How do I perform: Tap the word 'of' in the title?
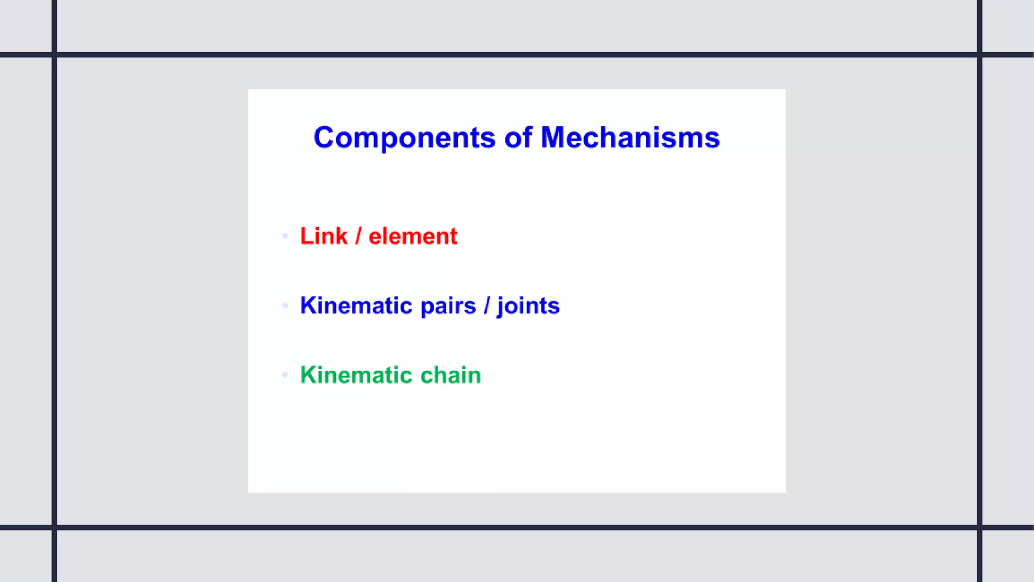coord(518,137)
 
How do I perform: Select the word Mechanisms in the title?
coord(630,137)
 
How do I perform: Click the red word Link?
coord(324,236)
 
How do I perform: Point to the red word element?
coord(413,236)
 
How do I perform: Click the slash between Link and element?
coord(358,236)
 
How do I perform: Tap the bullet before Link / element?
coord(285,236)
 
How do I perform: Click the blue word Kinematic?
coord(356,306)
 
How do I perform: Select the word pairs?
coord(448,306)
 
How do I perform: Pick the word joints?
coord(528,306)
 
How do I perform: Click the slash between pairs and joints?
coord(487,306)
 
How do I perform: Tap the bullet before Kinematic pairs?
coord(285,306)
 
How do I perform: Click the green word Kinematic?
coord(356,375)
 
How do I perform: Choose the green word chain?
coord(450,375)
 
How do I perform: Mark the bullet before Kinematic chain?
coord(285,375)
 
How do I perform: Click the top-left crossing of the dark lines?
coord(55,55)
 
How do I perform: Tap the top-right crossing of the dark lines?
coord(979,55)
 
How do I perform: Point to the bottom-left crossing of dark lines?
coord(55,527)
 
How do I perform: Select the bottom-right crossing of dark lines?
coord(979,527)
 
